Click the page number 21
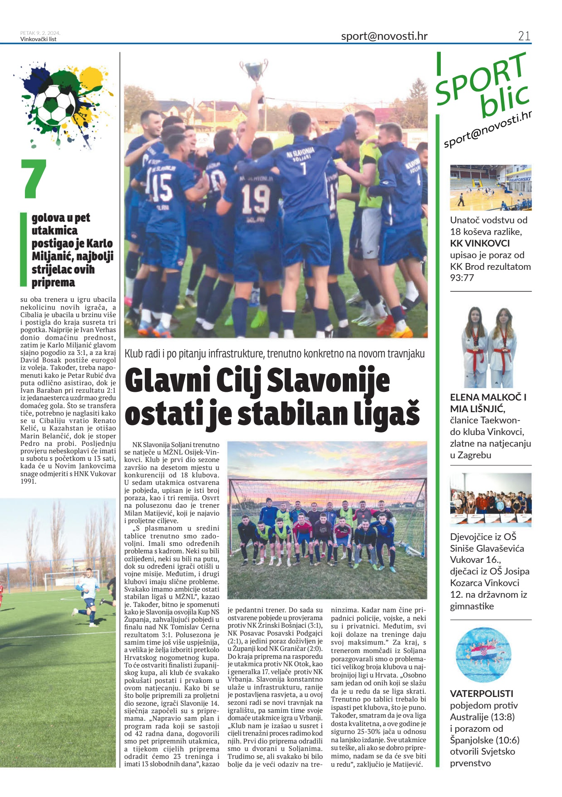[x=524, y=36]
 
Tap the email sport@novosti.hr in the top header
[x=384, y=36]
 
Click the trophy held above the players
[x=254, y=71]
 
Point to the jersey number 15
[x=161, y=188]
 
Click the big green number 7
[x=34, y=178]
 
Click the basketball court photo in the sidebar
[x=491, y=188]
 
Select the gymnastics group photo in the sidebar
[x=491, y=500]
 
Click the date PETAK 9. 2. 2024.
[x=40, y=33]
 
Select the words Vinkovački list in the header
[x=38, y=39]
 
